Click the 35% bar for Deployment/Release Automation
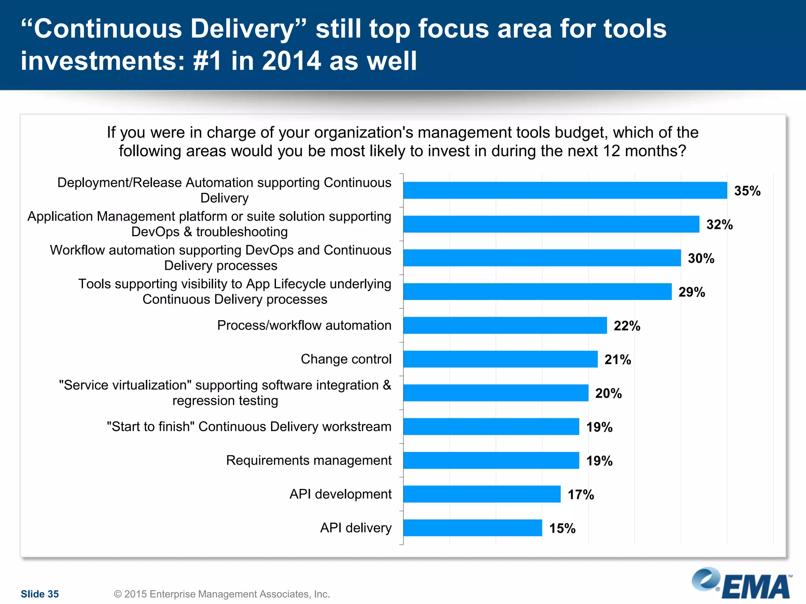point(565,190)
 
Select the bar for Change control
point(500,359)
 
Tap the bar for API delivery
point(472,528)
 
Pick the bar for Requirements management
point(491,460)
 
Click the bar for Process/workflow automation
point(505,325)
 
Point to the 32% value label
point(719,225)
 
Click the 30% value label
point(701,258)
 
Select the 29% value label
point(691,292)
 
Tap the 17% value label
point(580,495)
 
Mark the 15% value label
point(562,528)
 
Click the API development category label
point(340,494)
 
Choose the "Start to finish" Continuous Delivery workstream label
point(249,427)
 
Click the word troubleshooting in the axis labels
point(242,232)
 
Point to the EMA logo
point(742,584)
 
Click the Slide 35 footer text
point(40,594)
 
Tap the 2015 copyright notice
point(222,594)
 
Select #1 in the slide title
point(208,61)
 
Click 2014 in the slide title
point(291,61)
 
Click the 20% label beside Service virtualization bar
point(608,393)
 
